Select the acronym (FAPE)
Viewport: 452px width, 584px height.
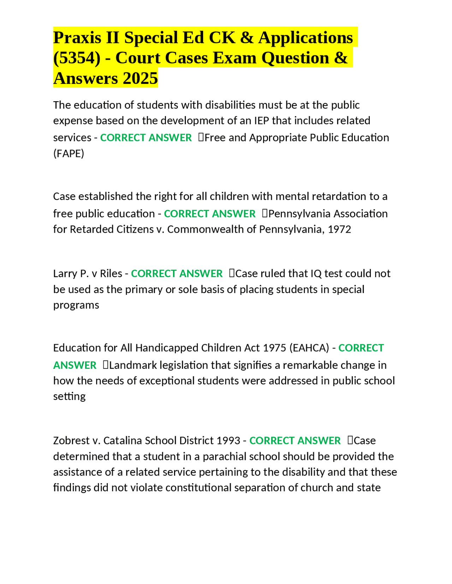69,153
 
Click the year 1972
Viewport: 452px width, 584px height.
339,229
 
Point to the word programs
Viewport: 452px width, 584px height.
76,305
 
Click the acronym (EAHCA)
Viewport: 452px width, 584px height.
309,348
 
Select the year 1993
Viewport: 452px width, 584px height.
228,441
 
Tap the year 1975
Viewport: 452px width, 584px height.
274,348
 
